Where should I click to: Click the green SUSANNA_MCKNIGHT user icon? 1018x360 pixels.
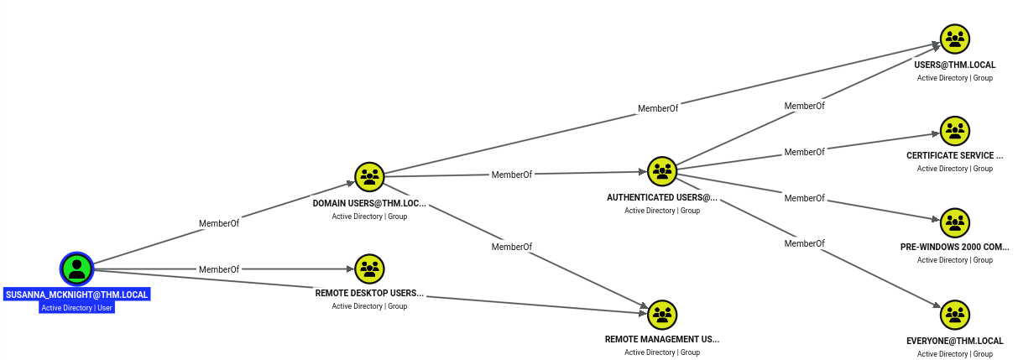click(77, 269)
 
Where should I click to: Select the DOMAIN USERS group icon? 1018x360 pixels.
click(369, 177)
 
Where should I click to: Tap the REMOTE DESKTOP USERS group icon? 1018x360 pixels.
click(369, 269)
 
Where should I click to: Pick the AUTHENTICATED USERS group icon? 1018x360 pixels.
click(662, 171)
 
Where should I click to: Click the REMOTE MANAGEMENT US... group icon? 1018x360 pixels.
click(662, 315)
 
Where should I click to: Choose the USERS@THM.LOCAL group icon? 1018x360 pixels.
click(955, 39)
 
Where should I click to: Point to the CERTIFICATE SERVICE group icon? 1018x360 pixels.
click(955, 131)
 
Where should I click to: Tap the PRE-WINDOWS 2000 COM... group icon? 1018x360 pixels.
click(955, 222)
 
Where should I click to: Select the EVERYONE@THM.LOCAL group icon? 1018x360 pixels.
click(955, 315)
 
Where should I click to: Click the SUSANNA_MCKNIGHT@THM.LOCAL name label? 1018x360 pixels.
click(77, 295)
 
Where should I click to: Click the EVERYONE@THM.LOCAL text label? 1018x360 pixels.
click(955, 341)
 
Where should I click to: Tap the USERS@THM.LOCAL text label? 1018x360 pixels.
click(955, 65)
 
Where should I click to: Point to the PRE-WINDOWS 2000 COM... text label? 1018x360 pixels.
click(955, 247)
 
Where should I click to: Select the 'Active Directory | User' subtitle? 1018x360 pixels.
click(77, 308)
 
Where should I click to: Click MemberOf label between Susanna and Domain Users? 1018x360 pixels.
click(219, 223)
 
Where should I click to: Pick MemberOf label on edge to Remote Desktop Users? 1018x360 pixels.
click(219, 269)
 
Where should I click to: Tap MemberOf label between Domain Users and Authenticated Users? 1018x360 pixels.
click(512, 175)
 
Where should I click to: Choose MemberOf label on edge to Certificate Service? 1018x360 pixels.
click(804, 152)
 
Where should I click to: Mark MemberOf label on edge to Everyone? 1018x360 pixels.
click(804, 243)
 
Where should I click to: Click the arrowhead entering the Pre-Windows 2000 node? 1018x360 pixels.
click(935, 219)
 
